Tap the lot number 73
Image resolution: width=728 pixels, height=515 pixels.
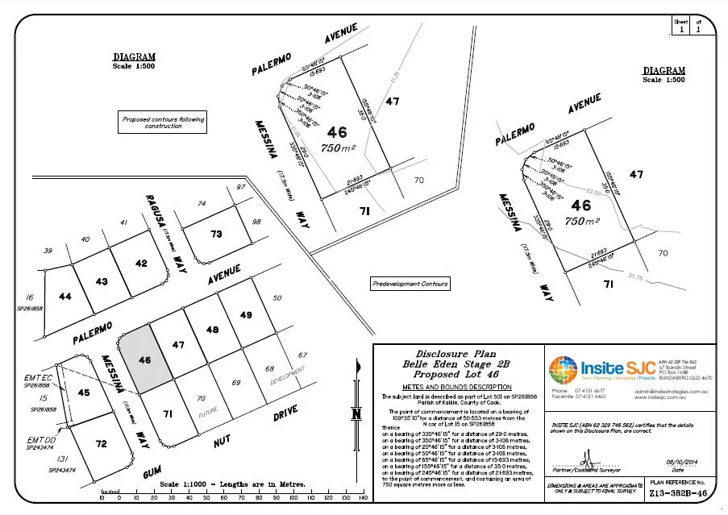[x=215, y=234]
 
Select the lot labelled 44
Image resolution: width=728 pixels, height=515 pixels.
[x=66, y=297]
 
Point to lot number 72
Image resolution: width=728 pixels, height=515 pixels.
[x=101, y=443]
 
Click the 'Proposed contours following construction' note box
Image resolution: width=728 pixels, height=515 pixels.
[x=164, y=123]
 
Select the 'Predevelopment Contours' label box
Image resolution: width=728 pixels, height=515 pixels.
[x=410, y=284]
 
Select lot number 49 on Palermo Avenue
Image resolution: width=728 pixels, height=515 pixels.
[x=247, y=314]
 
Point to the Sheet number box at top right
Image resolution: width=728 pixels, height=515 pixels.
[x=681, y=26]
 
